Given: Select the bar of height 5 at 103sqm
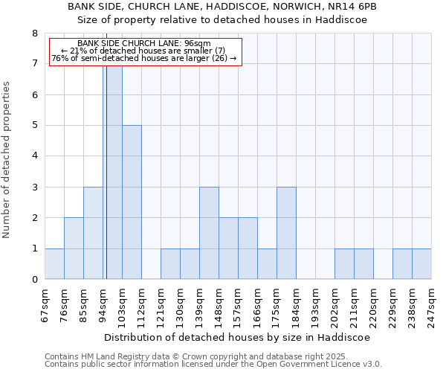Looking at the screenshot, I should coord(132,202).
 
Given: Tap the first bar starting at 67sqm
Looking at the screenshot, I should coord(54,263).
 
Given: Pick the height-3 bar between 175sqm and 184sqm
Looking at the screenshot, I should coord(286,233).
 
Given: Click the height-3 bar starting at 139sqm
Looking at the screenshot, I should coord(209,233).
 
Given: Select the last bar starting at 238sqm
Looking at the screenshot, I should coord(421,263).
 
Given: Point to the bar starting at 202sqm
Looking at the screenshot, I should coord(344,263).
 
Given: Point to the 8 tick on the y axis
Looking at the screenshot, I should coord(34,33).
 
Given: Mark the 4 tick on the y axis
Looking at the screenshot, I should coord(34,156).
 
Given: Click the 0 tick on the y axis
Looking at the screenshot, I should coord(34,280).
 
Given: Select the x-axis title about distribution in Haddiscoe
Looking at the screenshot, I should coord(237,337).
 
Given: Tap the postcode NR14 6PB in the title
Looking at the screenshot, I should coord(353,6).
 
